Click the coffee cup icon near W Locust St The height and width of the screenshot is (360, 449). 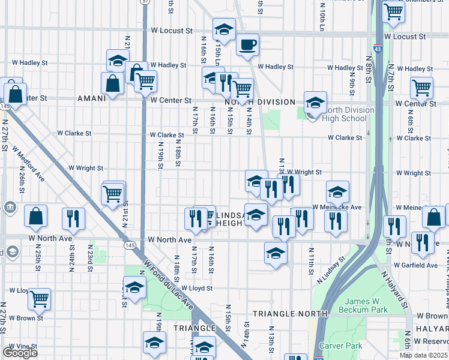[247, 44]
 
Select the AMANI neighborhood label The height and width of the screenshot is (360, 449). [91, 98]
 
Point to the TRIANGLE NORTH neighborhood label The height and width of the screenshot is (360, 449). [290, 314]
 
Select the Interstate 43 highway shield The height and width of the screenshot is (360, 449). [376, 47]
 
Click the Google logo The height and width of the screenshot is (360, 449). [19, 353]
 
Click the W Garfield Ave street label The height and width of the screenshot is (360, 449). [416, 265]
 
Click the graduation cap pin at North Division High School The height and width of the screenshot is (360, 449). [315, 103]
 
